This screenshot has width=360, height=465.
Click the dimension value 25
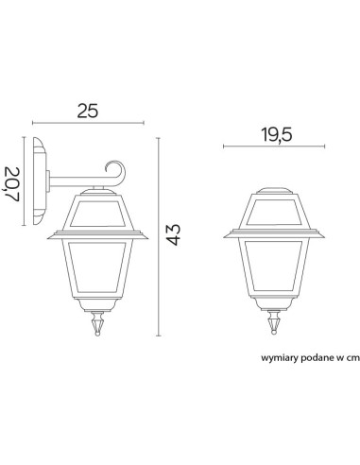88,111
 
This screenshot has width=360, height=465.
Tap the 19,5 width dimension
277,134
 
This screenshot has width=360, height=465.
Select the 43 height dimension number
174,234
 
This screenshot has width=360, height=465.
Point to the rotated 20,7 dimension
12,184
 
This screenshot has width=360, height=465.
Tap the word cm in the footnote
353,358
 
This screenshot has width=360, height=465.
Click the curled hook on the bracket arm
116,174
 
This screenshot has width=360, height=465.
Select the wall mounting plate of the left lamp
40,181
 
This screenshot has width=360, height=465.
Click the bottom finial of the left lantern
98,323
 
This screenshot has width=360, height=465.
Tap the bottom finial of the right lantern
274,321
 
